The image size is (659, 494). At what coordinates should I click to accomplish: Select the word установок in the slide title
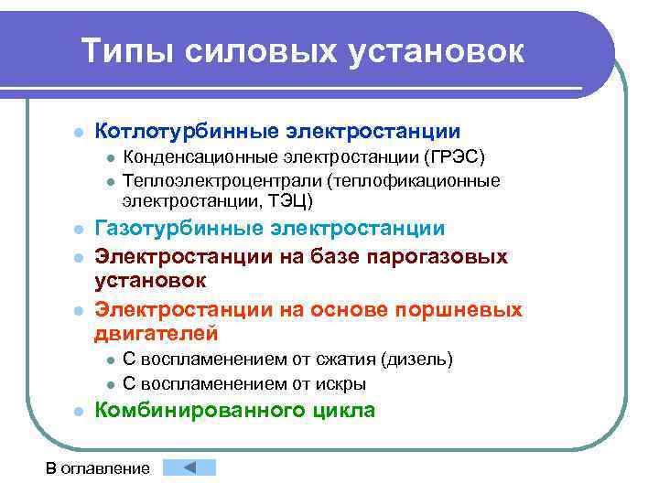(435, 52)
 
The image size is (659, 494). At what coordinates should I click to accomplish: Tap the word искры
(341, 383)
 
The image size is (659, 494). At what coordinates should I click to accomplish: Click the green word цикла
(340, 411)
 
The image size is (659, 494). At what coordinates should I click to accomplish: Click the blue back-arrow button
(189, 467)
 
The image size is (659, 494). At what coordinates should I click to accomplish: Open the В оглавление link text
(98, 468)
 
